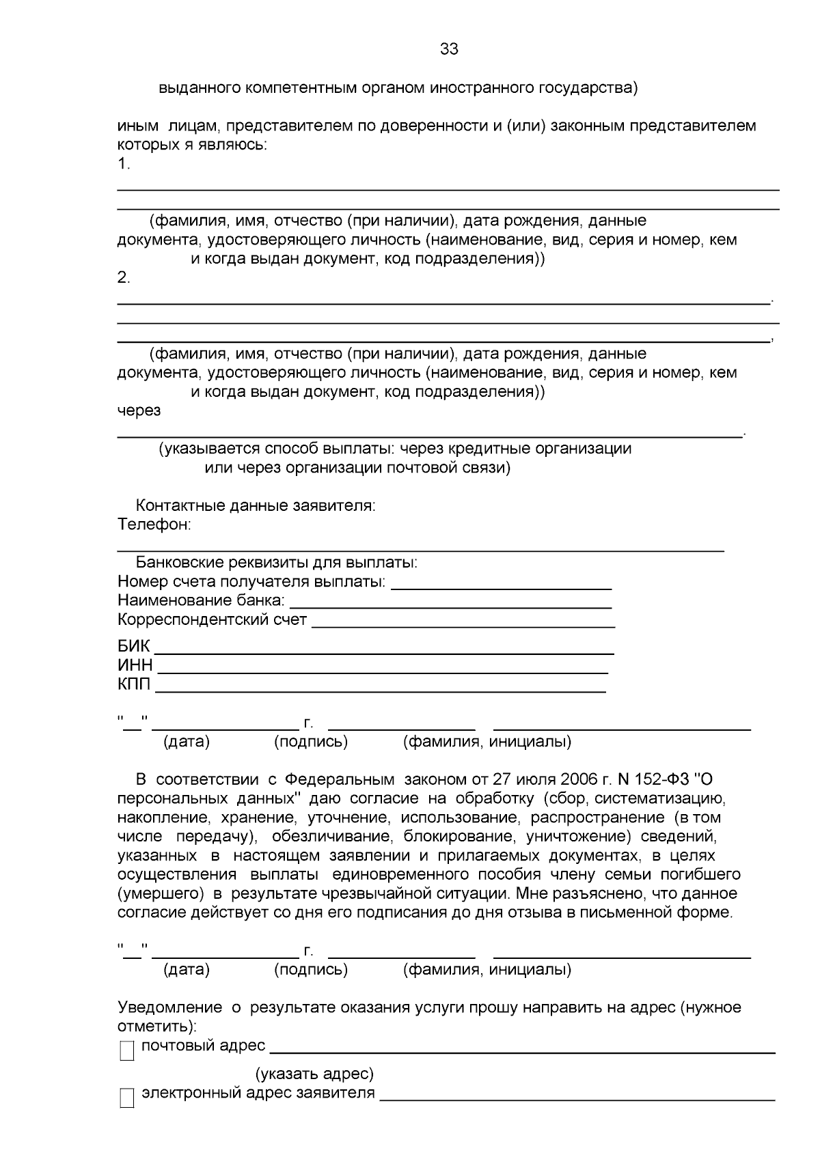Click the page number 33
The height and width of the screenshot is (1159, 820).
(449, 49)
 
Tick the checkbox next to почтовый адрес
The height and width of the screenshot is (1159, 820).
(127, 1051)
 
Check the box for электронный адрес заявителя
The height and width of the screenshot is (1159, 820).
(127, 1098)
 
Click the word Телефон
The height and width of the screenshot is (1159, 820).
(153, 525)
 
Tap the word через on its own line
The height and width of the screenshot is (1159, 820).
(139, 410)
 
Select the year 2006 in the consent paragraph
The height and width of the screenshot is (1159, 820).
(579, 779)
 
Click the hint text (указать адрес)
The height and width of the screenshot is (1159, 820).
(314, 1074)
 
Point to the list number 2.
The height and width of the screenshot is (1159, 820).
(123, 278)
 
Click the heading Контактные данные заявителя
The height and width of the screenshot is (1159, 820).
(256, 506)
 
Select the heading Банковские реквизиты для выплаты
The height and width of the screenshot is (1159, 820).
(276, 563)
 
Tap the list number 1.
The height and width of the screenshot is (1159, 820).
(123, 164)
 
